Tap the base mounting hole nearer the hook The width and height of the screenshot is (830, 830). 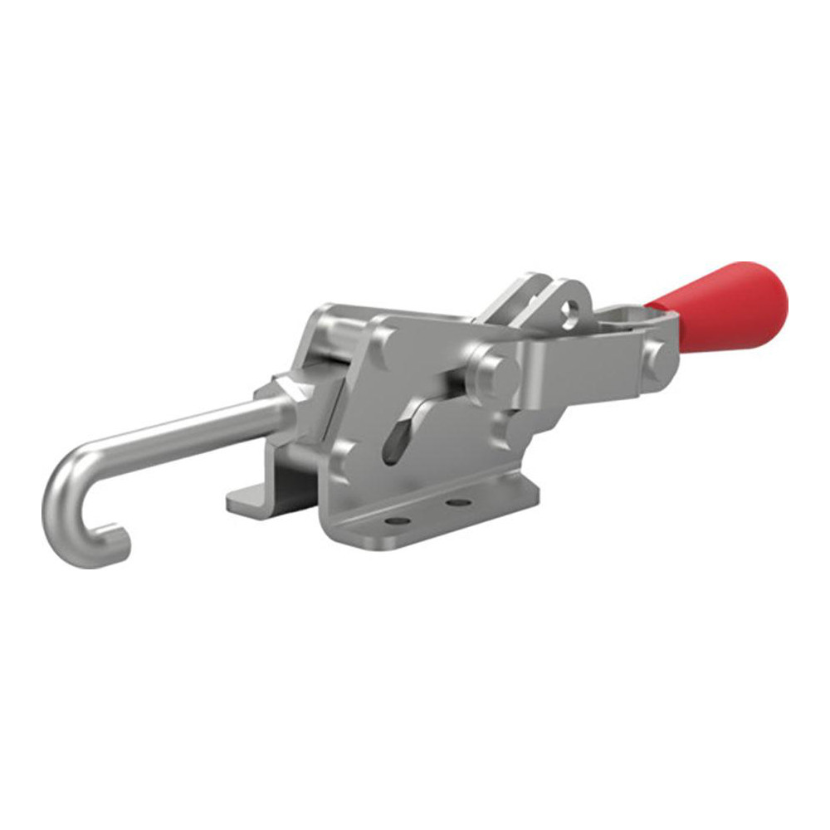[399, 520]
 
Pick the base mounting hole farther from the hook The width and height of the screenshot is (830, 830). [454, 502]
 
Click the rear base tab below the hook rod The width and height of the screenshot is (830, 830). [249, 497]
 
